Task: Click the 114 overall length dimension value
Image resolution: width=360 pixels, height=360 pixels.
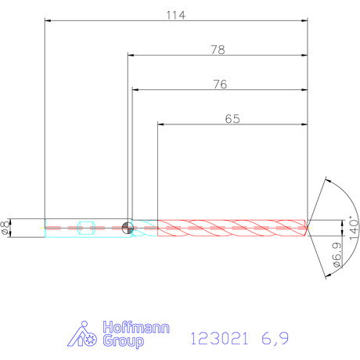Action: point(176,15)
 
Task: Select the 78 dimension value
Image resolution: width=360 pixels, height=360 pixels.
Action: point(218,49)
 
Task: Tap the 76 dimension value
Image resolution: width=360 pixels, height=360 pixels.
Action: point(220,85)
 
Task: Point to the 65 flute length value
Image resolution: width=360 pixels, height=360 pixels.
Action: point(232,119)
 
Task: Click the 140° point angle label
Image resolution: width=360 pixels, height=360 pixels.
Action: point(354,228)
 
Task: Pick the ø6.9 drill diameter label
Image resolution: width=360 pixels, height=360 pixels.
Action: point(337,254)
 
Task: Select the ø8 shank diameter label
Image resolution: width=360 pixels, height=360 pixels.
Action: point(5,228)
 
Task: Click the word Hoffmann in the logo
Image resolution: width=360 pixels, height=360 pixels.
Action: point(136,327)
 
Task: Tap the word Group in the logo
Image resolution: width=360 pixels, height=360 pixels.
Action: point(123,341)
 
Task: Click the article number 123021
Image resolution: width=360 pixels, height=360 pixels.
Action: point(219,339)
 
